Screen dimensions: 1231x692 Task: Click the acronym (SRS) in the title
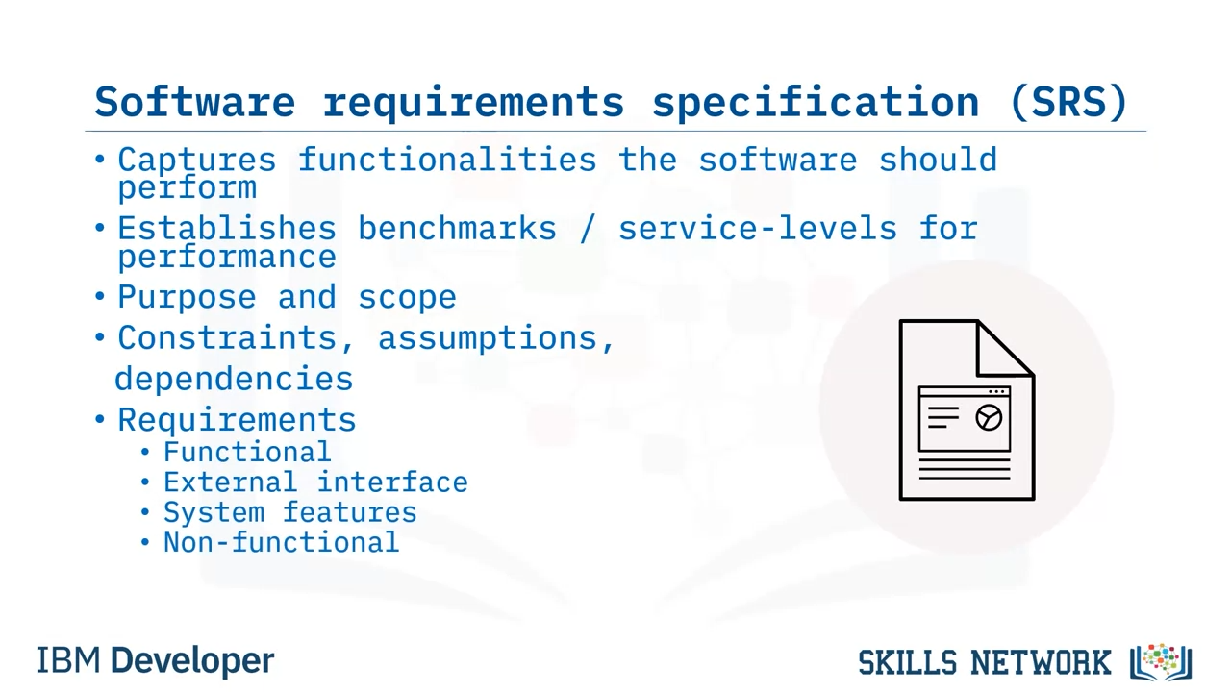(x=1068, y=102)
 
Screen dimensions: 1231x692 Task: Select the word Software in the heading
(x=195, y=102)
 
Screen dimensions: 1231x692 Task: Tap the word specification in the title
(x=816, y=103)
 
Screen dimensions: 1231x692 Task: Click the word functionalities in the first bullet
(x=447, y=160)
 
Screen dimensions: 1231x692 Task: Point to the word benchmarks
(x=457, y=229)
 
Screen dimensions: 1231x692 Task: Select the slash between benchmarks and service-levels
(x=588, y=229)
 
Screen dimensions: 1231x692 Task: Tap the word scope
(x=407, y=298)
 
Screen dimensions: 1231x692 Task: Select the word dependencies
(x=234, y=379)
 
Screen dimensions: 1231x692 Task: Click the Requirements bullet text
(x=237, y=421)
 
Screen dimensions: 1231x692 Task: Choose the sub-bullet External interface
(x=315, y=482)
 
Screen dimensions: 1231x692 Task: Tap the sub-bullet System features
(x=290, y=513)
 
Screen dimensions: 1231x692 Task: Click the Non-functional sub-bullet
(x=282, y=543)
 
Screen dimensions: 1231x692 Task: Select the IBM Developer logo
(x=156, y=660)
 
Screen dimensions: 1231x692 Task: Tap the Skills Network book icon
(x=1161, y=662)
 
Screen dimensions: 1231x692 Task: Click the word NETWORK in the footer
(x=1041, y=663)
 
